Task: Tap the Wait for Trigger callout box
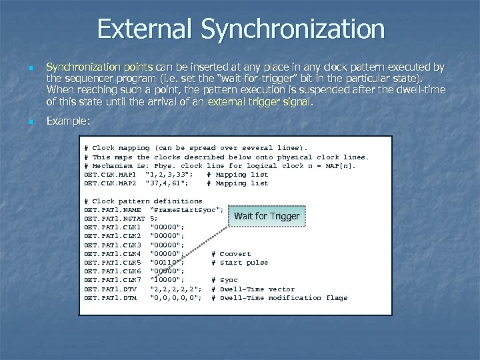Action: [267, 216]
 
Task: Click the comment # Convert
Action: [231, 253]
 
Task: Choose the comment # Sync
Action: [224, 280]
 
